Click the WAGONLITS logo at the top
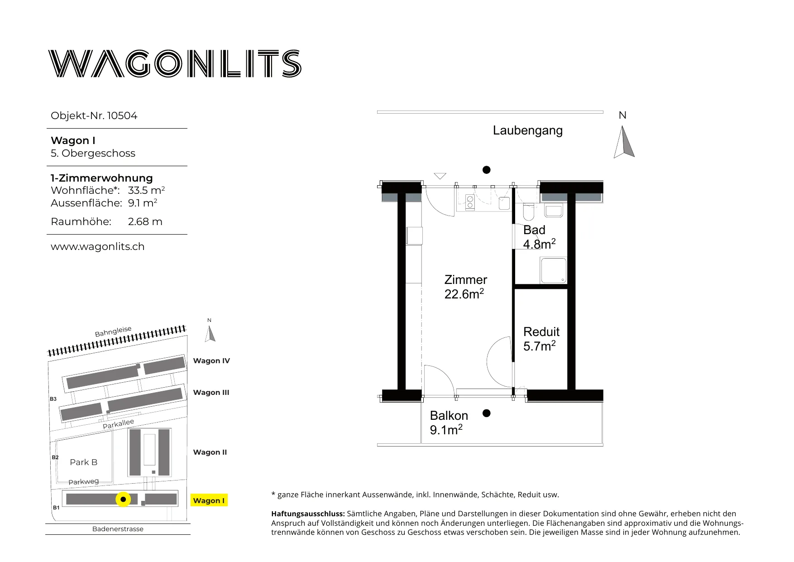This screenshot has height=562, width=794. pos(175,63)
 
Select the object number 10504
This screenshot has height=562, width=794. pos(122,115)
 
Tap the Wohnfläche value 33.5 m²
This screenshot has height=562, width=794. pos(146,190)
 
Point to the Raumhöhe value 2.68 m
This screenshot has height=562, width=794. pos(145,221)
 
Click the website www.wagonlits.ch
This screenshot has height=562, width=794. pos(98,246)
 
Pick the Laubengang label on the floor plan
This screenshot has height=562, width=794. pos(528,130)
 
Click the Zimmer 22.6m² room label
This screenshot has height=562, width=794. pos(466,287)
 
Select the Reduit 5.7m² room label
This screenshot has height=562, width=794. pos(541,339)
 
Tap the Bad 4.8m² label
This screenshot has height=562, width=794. pos(539,237)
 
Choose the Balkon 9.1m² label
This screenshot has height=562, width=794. pos(449,423)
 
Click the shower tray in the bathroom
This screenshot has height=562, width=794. pos(553,271)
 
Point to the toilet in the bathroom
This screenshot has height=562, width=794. pos(529,211)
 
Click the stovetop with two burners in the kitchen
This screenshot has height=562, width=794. pos(470,202)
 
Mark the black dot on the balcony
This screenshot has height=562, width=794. pos(487,413)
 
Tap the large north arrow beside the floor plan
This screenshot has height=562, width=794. pos(624,142)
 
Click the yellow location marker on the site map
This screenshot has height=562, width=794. pos(123,499)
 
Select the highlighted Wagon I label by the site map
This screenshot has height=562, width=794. pos(209,500)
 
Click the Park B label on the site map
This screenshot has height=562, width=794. pos(84,462)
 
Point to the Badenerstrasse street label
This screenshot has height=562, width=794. pos(118,529)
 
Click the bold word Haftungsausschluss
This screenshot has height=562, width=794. pos(308,514)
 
